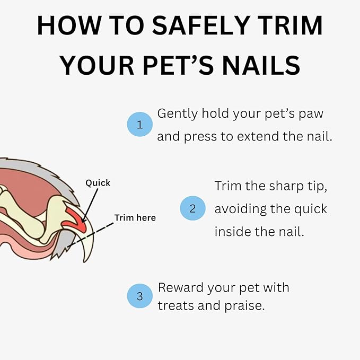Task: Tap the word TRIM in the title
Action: (289, 27)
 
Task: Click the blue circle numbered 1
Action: (140, 125)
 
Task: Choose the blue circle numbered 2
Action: (193, 208)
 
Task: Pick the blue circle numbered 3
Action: (140, 296)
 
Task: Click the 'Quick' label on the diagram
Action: (98, 183)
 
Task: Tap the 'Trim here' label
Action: (135, 218)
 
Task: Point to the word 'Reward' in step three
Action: (180, 288)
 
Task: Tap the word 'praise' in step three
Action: (243, 306)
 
